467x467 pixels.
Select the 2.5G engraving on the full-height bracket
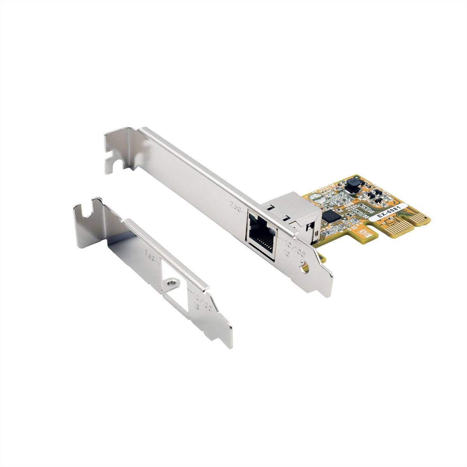tap(236, 205)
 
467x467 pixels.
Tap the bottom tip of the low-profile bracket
tap(226, 346)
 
